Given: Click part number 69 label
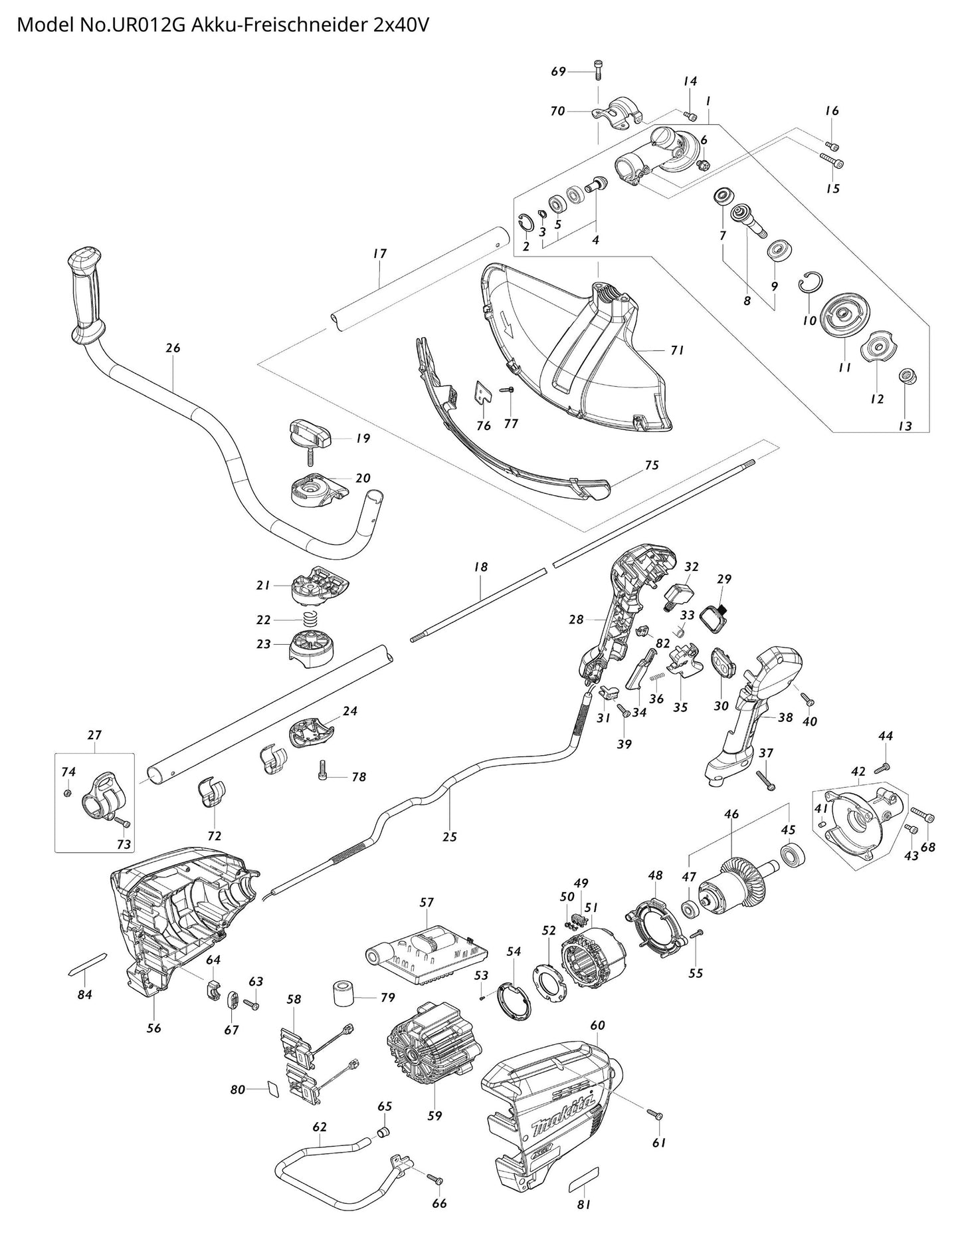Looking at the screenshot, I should click(559, 71).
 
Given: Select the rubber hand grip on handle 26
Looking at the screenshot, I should click(87, 292).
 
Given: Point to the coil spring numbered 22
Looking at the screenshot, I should click(308, 620).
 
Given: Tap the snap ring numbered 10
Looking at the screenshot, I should click(811, 283).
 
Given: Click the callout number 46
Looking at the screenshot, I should click(731, 813).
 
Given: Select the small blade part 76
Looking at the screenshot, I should click(484, 394).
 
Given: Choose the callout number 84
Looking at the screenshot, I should click(84, 994).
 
